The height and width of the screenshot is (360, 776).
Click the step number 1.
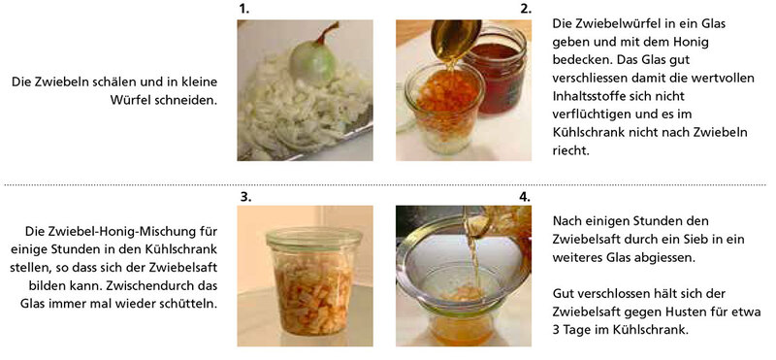[x=242, y=10]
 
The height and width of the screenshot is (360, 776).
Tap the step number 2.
[x=526, y=10]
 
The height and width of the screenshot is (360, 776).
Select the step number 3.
[x=246, y=197]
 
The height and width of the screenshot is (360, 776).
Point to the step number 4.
[x=525, y=197]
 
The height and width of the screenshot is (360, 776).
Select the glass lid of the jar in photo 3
[x=313, y=239]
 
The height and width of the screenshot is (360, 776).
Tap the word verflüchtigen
[x=588, y=115]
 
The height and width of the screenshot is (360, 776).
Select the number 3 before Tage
[x=556, y=330]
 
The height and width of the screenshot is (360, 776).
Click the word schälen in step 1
[x=111, y=82]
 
